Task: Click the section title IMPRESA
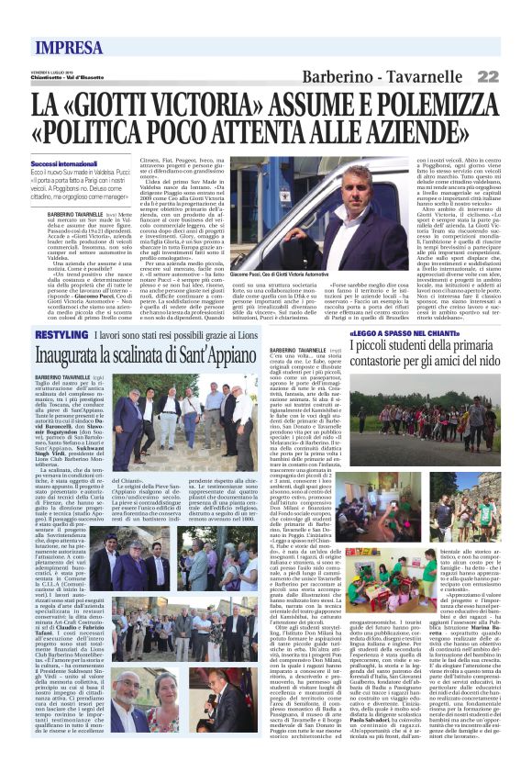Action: click(70, 48)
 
